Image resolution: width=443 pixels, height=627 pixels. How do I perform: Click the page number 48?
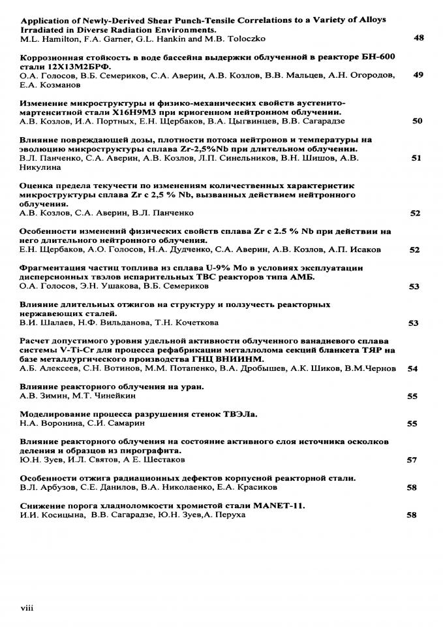419,38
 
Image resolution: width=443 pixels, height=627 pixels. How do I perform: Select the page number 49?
419,75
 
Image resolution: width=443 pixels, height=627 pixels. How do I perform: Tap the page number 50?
418,121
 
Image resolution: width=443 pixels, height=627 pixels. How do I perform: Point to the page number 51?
416,157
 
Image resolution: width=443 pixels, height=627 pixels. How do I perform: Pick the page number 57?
412,460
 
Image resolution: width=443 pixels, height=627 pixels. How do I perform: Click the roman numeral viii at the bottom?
27,608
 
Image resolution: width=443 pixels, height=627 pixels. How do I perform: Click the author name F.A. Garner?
97,39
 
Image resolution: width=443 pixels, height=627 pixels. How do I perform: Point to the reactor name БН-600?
372,57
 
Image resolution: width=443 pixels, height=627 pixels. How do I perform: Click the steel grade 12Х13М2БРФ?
76,66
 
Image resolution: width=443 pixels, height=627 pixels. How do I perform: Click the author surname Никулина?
42,167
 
